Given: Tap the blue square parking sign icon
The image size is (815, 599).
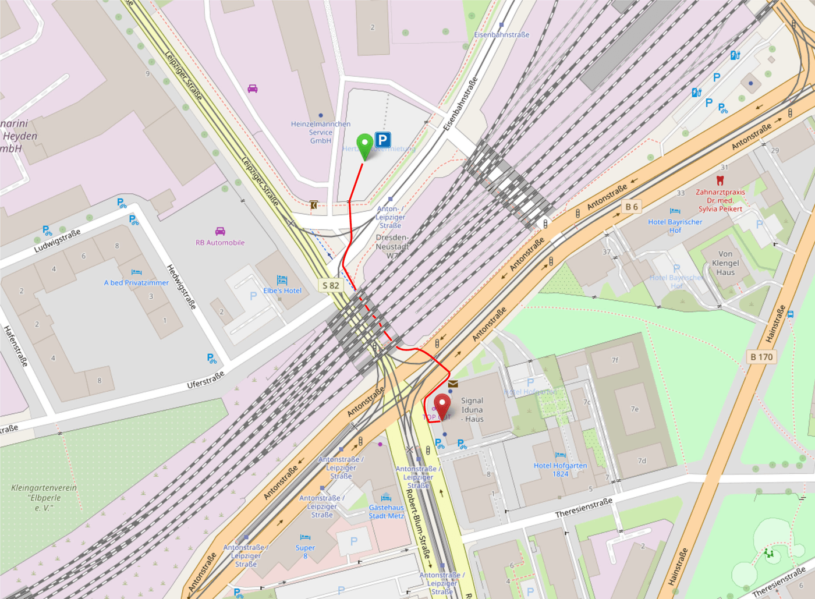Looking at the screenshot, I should (x=382, y=140).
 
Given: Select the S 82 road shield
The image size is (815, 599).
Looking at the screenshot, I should (x=331, y=285).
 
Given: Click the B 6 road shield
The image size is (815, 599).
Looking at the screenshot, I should (x=632, y=207).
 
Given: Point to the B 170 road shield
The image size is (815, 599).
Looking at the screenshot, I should (x=761, y=357).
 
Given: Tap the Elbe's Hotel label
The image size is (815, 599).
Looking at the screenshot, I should (x=282, y=290).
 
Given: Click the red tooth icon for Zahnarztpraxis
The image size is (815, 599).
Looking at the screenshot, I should (x=720, y=181).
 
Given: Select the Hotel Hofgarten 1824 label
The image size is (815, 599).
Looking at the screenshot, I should (x=560, y=469).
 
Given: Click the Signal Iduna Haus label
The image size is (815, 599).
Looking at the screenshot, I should (x=472, y=409).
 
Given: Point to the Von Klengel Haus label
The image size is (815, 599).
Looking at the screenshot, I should (x=725, y=263).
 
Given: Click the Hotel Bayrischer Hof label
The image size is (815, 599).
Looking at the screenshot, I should (x=675, y=226).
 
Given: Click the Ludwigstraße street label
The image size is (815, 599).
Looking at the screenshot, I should (x=57, y=241).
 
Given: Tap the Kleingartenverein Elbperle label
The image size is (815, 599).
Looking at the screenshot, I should (x=44, y=498).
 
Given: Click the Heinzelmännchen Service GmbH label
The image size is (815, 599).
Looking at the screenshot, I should (x=321, y=132).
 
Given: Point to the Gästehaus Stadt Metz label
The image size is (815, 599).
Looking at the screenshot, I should (x=386, y=512).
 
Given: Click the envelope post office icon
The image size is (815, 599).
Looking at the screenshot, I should (x=453, y=384).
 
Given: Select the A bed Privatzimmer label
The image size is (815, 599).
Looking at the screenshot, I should (x=136, y=283).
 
